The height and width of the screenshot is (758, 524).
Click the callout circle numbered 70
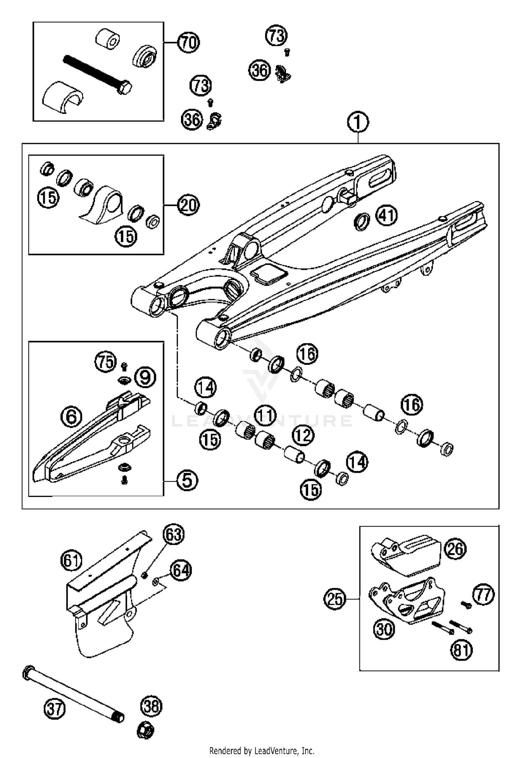(x=188, y=43)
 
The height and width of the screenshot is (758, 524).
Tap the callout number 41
(x=386, y=215)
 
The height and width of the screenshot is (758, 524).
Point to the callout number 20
(x=188, y=205)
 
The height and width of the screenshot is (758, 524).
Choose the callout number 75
(x=106, y=362)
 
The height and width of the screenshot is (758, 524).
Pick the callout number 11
(x=265, y=415)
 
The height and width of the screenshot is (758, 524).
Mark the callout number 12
(x=303, y=435)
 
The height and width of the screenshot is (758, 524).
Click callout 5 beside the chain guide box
(x=187, y=480)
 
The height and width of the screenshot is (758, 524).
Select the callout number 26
(x=455, y=550)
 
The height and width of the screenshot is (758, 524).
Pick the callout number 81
(x=461, y=650)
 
